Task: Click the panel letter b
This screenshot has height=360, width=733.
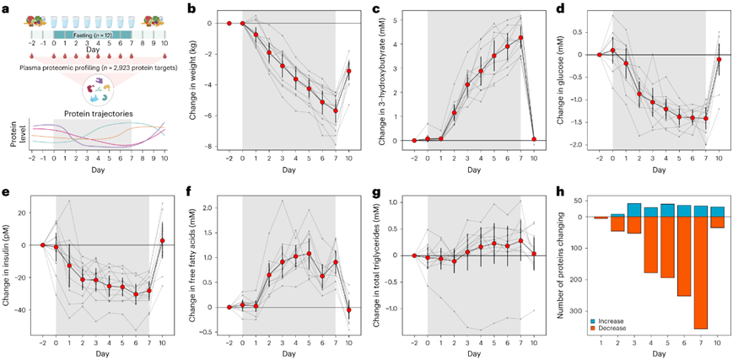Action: (x=192, y=9)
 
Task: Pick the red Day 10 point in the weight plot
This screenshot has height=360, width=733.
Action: (x=348, y=71)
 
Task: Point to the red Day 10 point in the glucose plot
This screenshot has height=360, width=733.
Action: (x=720, y=60)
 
